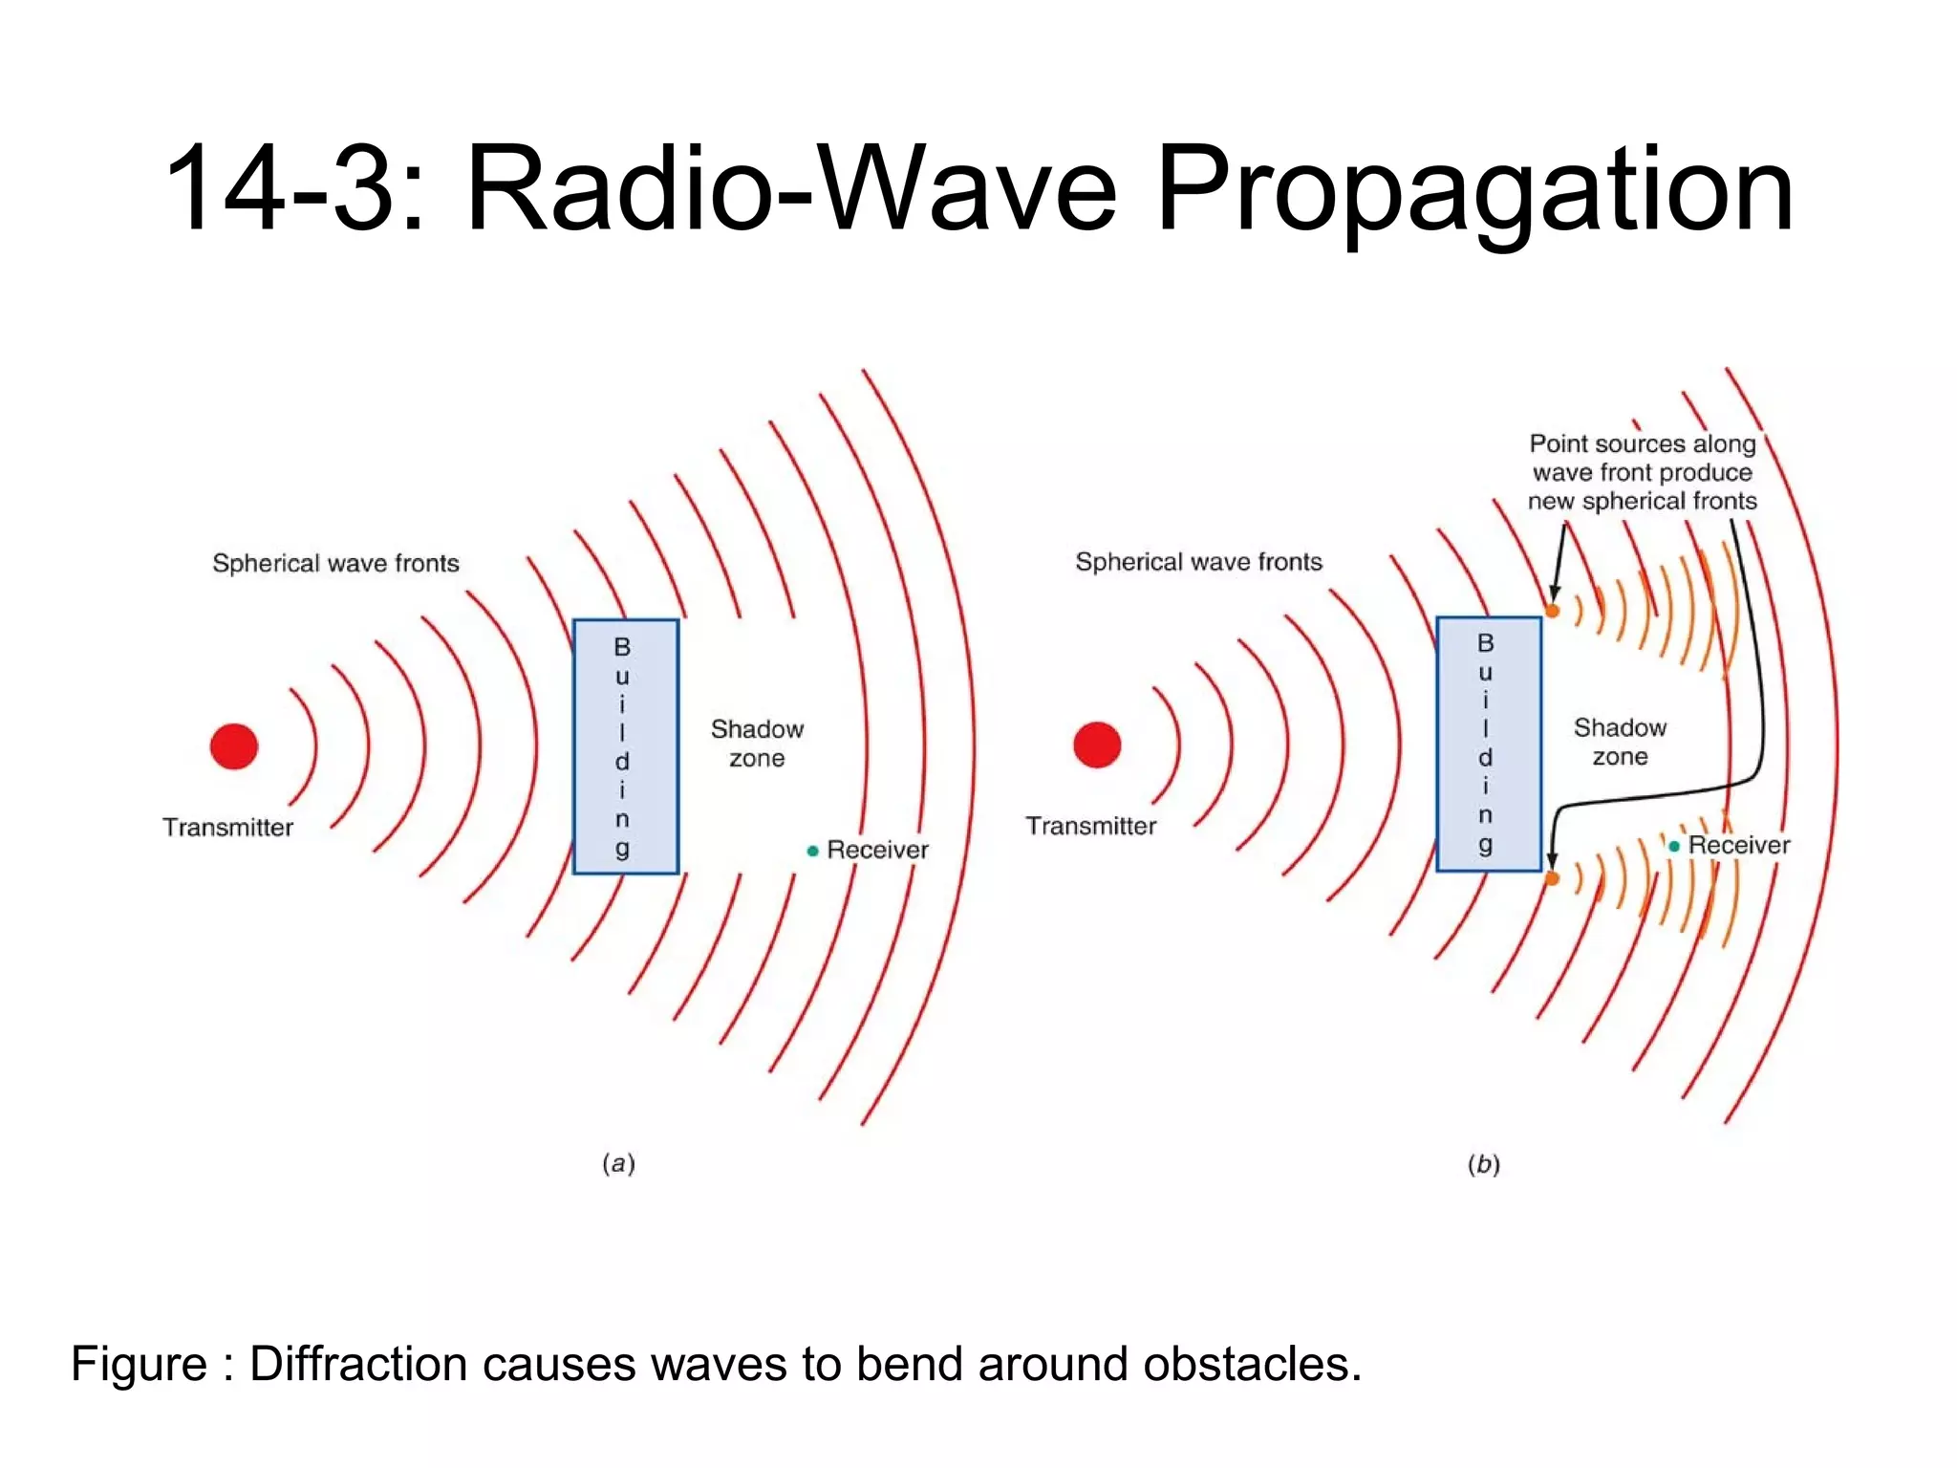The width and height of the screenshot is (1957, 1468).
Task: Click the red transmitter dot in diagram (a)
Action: click(x=234, y=746)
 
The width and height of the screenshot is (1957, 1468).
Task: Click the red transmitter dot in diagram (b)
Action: click(x=1097, y=745)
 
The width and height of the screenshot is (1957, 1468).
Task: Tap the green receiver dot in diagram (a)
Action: click(x=813, y=851)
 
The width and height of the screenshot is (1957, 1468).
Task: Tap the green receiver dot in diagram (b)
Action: click(x=1674, y=846)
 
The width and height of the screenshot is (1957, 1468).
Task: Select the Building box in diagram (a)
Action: click(x=626, y=746)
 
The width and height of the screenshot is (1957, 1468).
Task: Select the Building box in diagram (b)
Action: click(x=1489, y=744)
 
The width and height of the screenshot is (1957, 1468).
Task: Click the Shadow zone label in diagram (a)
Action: click(x=757, y=744)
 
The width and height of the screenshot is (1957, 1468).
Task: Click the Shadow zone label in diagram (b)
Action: click(x=1620, y=742)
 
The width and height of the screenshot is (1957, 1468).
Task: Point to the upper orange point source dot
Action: click(x=1553, y=611)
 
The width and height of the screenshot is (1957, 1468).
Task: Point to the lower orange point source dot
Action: click(x=1553, y=878)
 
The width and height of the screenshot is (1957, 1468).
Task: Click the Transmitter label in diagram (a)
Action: click(x=227, y=828)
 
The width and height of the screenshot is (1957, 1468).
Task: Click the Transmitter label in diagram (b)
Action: click(x=1090, y=826)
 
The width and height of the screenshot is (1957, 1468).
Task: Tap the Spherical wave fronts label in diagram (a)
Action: click(x=335, y=563)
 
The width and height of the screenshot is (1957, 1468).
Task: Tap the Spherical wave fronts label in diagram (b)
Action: click(x=1198, y=562)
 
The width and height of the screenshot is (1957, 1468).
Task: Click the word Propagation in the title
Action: click(x=1474, y=188)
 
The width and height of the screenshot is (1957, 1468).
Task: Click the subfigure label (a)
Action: click(x=618, y=1163)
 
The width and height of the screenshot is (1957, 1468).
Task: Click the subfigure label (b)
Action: click(x=1483, y=1164)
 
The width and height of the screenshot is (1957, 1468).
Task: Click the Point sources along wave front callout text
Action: click(x=1642, y=472)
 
